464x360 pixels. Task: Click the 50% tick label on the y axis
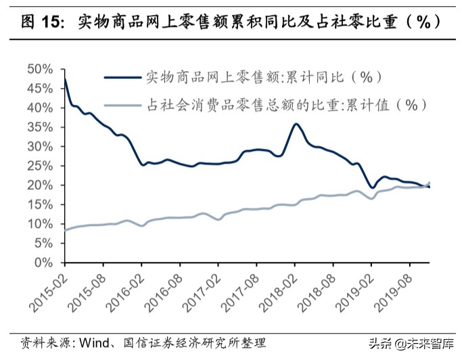click(x=39, y=69)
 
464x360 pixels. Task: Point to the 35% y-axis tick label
click(x=39, y=127)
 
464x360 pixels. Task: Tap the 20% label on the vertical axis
click(x=39, y=185)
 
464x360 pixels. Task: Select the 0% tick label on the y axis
click(x=44, y=263)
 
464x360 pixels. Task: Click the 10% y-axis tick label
click(x=39, y=224)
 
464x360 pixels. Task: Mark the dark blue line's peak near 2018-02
click(x=296, y=125)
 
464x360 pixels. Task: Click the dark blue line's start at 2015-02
click(x=64, y=78)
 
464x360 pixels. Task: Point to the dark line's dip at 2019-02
click(x=372, y=187)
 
